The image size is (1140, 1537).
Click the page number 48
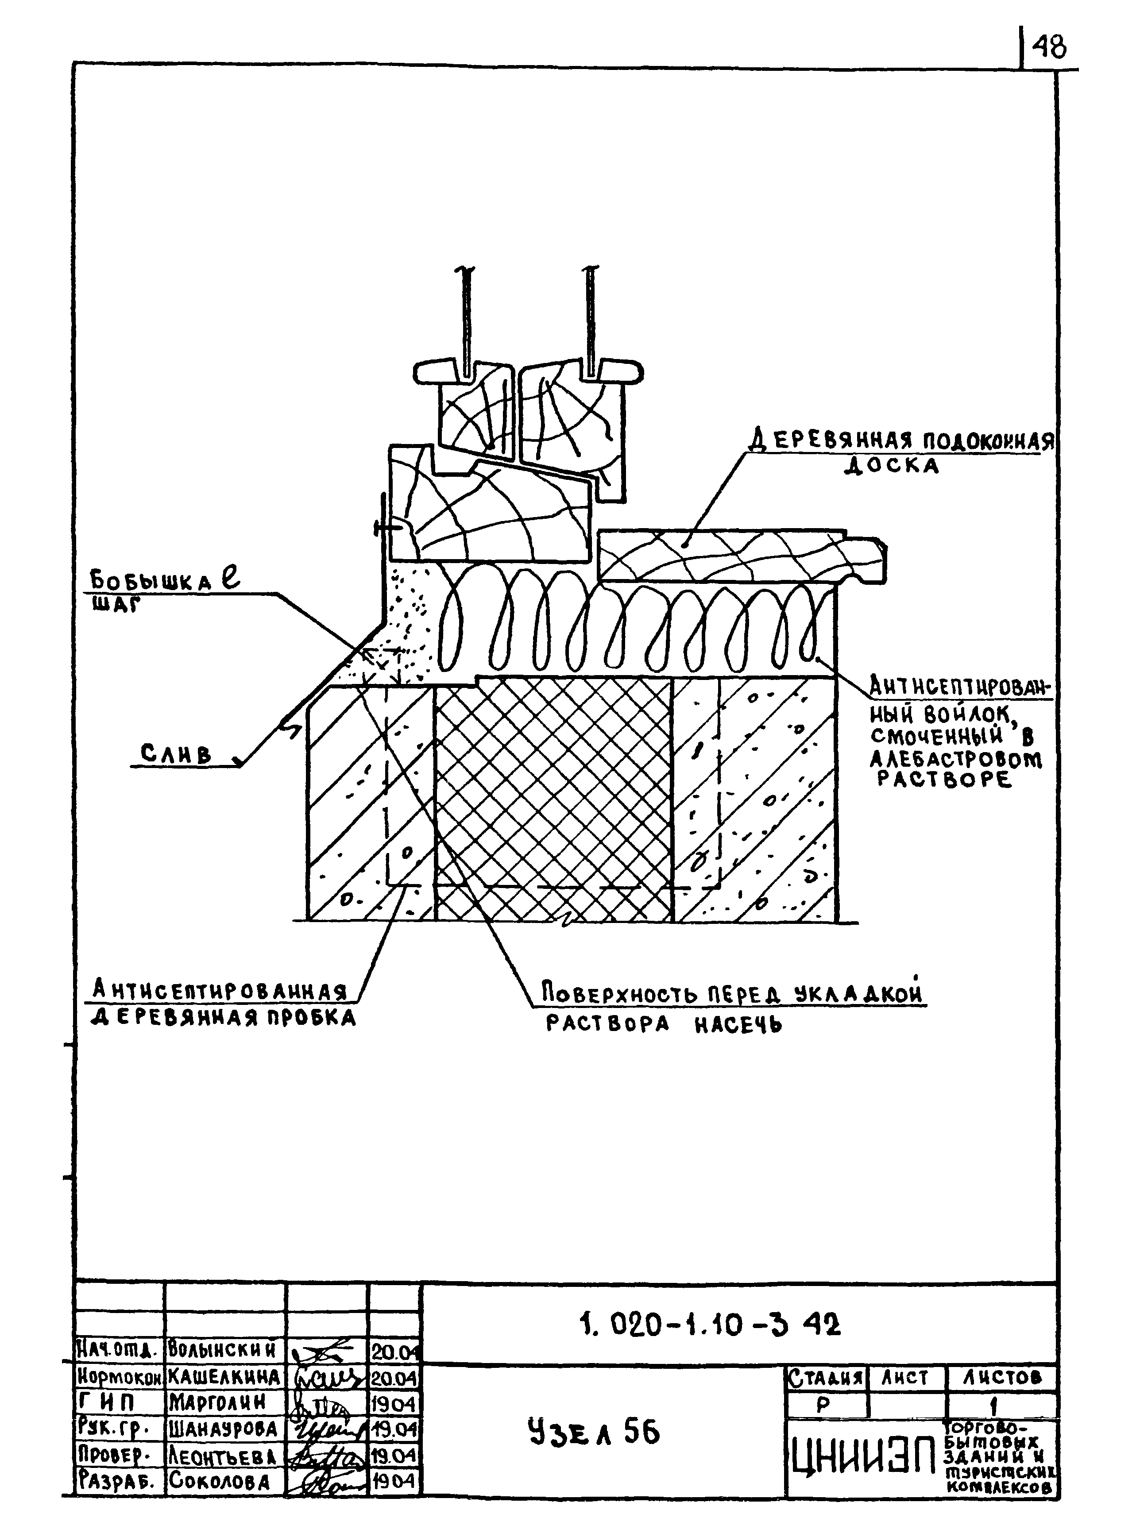(1049, 48)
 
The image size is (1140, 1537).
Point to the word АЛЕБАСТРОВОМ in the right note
(956, 760)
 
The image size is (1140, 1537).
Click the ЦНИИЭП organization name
(862, 1461)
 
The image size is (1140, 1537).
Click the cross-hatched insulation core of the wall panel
(552, 800)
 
